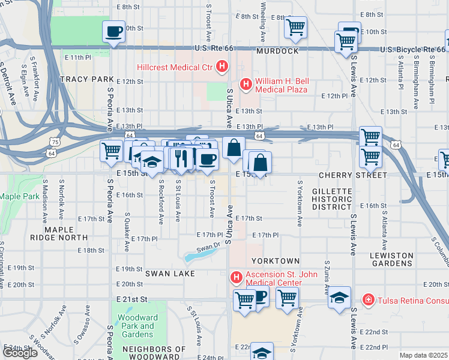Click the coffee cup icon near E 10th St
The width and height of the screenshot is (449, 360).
coord(113,32)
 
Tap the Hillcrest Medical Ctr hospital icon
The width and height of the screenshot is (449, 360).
coord(222,66)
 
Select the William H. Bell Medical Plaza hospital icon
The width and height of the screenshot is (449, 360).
coord(245,85)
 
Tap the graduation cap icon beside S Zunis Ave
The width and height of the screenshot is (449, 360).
coord(339,297)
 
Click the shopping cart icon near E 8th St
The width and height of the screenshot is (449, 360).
coord(295,26)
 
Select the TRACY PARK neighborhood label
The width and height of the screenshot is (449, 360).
coord(86,79)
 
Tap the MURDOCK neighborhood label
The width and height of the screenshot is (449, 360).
coord(277,52)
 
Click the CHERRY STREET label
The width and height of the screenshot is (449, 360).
coord(353,175)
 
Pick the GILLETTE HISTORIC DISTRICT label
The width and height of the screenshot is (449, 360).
coord(332,199)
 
